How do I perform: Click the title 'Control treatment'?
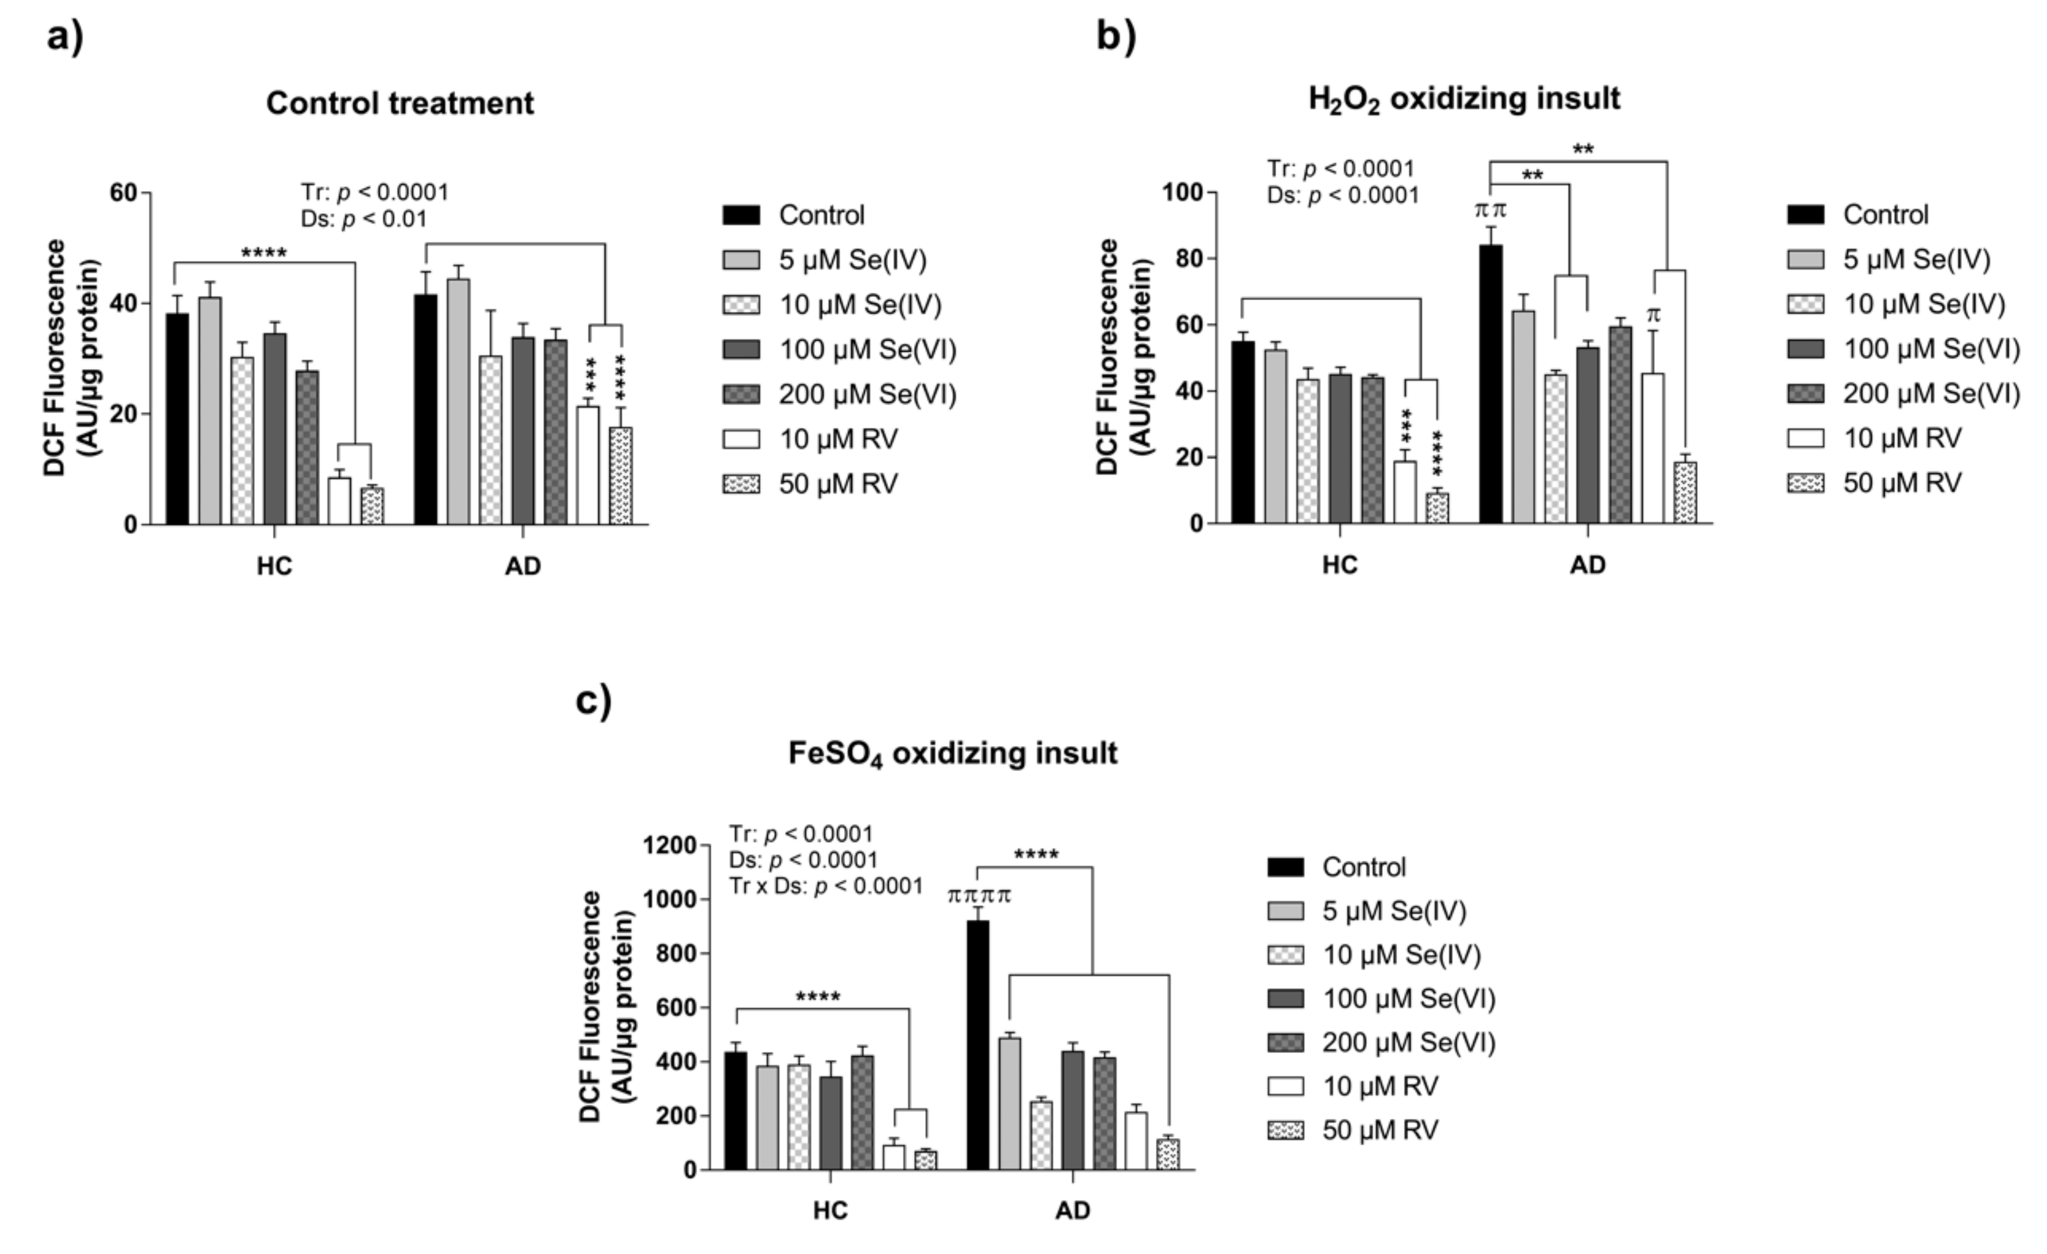pyautogui.click(x=399, y=103)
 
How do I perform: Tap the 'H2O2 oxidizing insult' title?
pyautogui.click(x=1464, y=99)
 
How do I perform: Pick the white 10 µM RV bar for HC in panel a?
pyautogui.click(x=339, y=501)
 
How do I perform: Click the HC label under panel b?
pyautogui.click(x=1339, y=565)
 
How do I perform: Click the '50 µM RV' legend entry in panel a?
pyautogui.click(x=837, y=484)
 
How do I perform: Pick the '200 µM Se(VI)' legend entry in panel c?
pyautogui.click(x=1408, y=1042)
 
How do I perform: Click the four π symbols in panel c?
pyautogui.click(x=979, y=896)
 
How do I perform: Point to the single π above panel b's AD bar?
pyautogui.click(x=1653, y=316)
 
